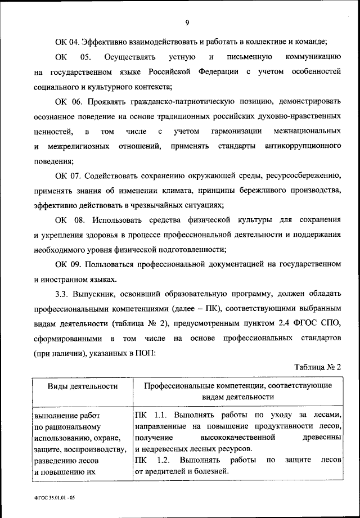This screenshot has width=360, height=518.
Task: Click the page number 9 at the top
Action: coord(186,22)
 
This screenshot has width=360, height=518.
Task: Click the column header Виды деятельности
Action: coord(82,386)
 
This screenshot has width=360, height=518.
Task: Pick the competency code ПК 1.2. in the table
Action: coord(150,460)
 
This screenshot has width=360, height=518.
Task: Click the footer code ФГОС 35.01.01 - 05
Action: coord(51,499)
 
